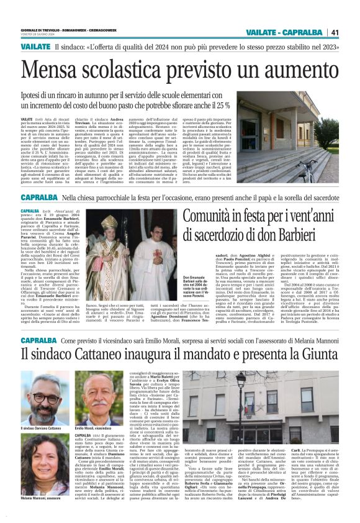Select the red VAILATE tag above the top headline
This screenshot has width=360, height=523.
click(35, 47)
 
